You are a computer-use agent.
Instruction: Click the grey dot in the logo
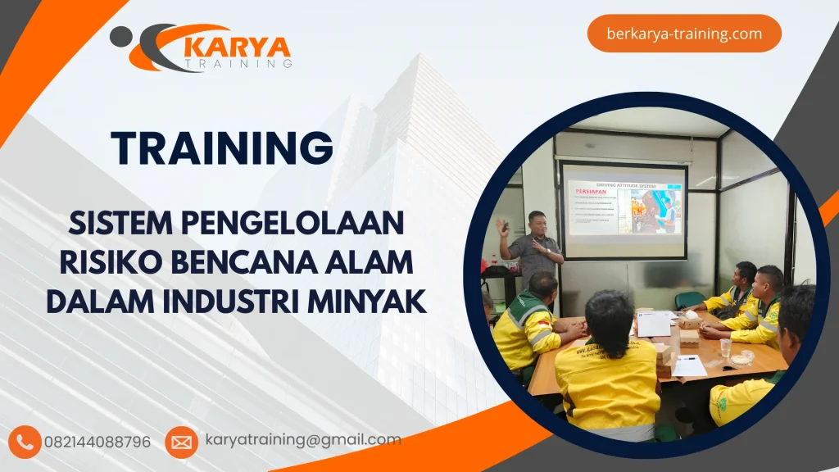(x=120, y=35)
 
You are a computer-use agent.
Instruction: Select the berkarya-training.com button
(x=684, y=34)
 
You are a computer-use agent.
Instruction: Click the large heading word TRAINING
(x=222, y=148)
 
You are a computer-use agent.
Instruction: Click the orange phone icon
(x=25, y=442)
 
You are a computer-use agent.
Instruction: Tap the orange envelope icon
(x=181, y=442)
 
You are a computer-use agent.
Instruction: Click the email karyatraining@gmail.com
(x=303, y=440)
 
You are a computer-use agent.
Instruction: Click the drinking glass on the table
(x=726, y=347)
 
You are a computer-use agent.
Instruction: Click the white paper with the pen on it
(x=689, y=365)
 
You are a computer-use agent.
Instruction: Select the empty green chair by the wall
(x=690, y=299)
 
